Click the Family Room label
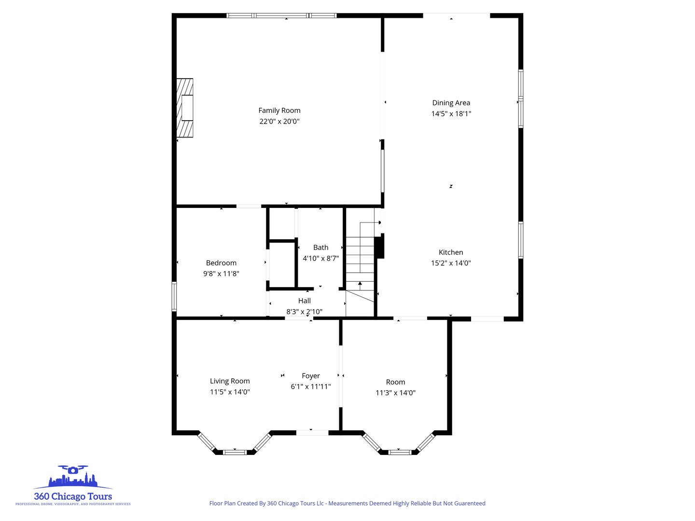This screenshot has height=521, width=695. pos(279,110)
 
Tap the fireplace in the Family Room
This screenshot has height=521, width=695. pos(185,108)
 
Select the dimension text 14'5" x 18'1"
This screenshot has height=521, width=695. pos(451,114)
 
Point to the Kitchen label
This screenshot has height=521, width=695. pos(451,252)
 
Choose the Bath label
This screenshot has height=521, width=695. pos(320,247)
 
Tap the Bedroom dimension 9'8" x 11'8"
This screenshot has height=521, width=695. pos(221,274)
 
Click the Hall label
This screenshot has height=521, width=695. pos(304,301)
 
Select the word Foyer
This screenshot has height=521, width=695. pos(311,376)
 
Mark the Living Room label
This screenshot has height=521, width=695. pos(230,381)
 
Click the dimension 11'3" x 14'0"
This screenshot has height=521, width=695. pos(395,393)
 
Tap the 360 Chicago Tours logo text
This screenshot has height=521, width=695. pos(73,496)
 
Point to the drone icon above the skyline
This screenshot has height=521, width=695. pos(73,469)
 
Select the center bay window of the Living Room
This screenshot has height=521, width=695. pos(235,452)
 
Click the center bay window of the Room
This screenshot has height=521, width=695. pos(400,452)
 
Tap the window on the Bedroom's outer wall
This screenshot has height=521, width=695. pos(174,296)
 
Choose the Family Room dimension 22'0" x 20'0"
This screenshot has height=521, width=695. pos(279,122)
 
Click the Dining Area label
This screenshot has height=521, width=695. pos(451,103)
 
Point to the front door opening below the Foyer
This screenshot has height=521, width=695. pos(312,433)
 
